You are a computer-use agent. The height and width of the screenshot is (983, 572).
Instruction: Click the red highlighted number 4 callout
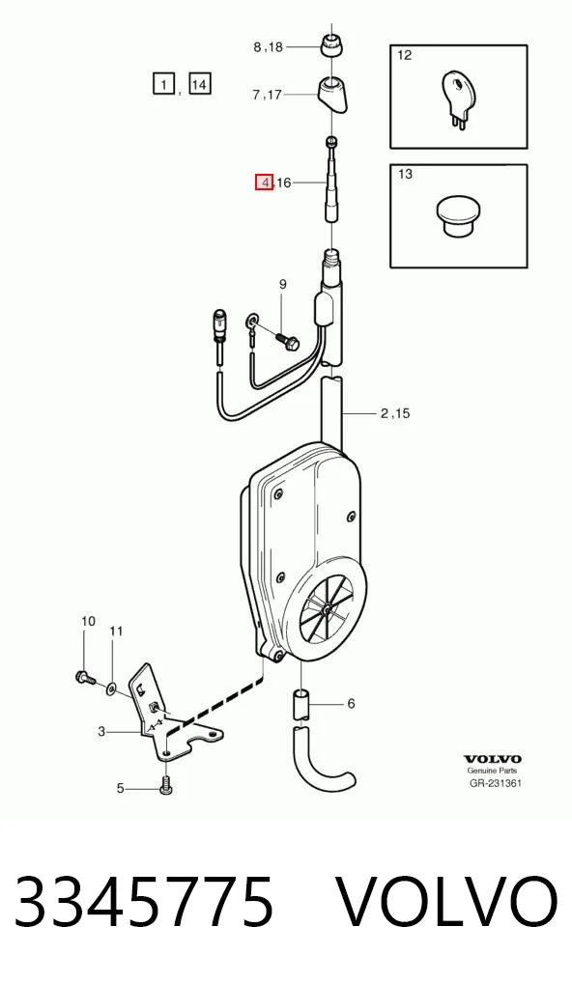click(x=264, y=183)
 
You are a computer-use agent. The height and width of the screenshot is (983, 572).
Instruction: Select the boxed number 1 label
click(x=163, y=83)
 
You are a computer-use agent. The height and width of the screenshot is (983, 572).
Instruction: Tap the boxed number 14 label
click(x=199, y=83)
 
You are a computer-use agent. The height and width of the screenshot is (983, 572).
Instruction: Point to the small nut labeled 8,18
click(x=331, y=45)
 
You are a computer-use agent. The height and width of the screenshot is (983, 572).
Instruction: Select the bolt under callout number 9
click(x=287, y=341)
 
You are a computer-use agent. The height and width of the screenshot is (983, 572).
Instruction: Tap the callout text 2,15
click(x=395, y=413)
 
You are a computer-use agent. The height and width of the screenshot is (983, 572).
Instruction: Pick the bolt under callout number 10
click(x=84, y=677)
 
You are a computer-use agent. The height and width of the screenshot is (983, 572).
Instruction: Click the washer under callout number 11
click(x=111, y=689)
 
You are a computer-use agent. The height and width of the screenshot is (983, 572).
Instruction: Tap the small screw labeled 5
click(x=165, y=785)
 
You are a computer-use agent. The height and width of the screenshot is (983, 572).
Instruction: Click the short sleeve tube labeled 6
click(x=301, y=705)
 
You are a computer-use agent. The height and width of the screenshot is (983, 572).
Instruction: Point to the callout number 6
click(x=351, y=704)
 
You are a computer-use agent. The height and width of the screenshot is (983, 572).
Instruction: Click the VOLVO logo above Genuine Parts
click(x=493, y=760)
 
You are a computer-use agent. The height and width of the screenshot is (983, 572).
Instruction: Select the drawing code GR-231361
click(x=496, y=783)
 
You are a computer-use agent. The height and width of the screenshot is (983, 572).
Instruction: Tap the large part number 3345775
click(x=145, y=902)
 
